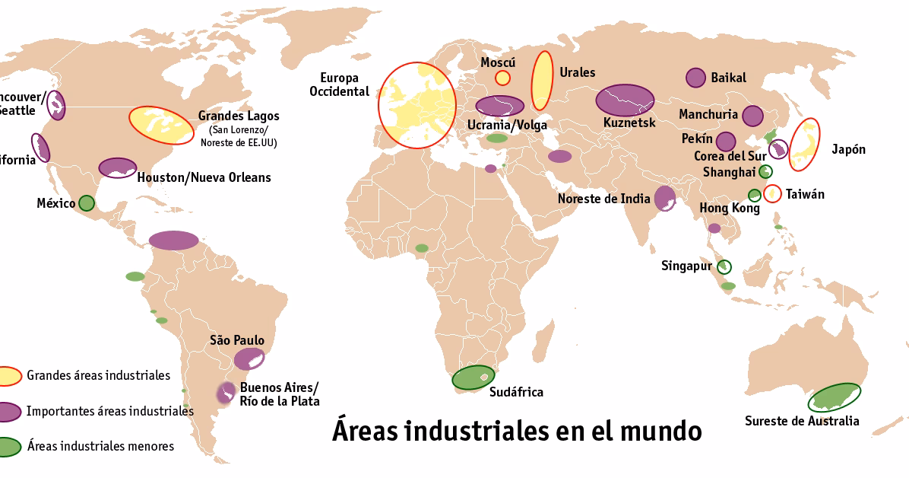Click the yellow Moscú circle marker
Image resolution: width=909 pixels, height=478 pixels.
pyautogui.click(x=502, y=77)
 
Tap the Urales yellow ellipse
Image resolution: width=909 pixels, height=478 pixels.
pyautogui.click(x=542, y=81)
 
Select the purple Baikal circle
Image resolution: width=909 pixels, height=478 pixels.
pyautogui.click(x=695, y=77)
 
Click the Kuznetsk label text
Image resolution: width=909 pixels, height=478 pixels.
pyautogui.click(x=629, y=123)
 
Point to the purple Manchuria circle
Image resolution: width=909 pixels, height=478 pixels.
pyautogui.click(x=752, y=116)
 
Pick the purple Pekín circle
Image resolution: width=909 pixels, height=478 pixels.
pyautogui.click(x=726, y=142)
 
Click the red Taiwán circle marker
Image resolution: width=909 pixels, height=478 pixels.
pyautogui.click(x=772, y=193)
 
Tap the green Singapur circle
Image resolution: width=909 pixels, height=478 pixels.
pyautogui.click(x=724, y=266)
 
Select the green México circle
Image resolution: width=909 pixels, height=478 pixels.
pyautogui.click(x=87, y=203)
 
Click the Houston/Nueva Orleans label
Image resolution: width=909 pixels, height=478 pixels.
pyautogui.click(x=204, y=177)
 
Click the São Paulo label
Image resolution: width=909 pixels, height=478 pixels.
pyautogui.click(x=237, y=340)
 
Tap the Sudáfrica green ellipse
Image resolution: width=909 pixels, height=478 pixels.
pyautogui.click(x=474, y=378)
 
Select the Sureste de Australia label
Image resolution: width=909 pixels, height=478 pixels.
pyautogui.click(x=802, y=421)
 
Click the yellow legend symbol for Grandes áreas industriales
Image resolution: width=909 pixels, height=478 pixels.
pyautogui.click(x=8, y=376)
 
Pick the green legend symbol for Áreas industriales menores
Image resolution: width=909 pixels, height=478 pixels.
pyautogui.click(x=8, y=447)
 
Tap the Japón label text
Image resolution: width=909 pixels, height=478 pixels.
pyautogui.click(x=848, y=149)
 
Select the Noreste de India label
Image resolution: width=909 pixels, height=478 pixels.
pyautogui.click(x=603, y=199)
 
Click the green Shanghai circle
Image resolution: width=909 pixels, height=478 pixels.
pyautogui.click(x=765, y=171)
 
